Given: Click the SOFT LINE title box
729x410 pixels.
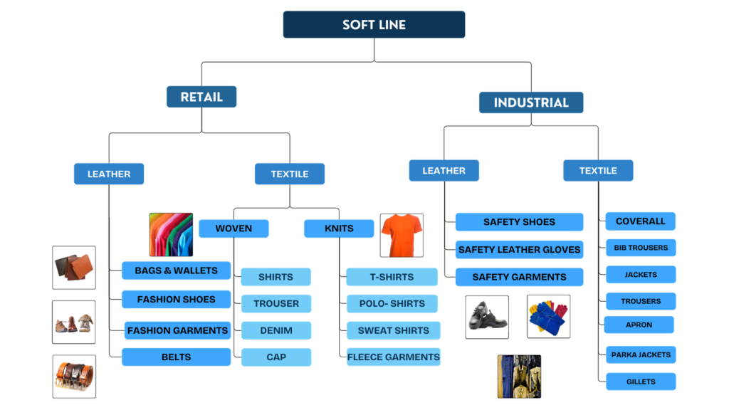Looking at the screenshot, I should pos(374,24).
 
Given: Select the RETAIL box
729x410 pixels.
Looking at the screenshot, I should pos(201,97).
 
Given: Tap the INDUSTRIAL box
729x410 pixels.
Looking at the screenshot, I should pos(531,102).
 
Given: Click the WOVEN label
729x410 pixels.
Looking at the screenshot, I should pos(234,228).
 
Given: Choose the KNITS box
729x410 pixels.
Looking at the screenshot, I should pos(339,228).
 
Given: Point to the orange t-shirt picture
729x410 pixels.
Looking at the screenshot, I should pos(402,235).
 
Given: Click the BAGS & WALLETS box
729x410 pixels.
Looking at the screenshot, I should pos(176,270).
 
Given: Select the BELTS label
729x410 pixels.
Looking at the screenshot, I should pos(176,357).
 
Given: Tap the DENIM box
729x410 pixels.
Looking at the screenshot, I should pos(276,330).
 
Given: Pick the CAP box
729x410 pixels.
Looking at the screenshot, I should pos(276,357).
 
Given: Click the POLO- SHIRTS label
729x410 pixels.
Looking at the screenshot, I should pos(392,303).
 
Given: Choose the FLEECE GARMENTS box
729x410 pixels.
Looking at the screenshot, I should pos(394,357).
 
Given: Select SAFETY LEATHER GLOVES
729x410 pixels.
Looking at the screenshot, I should pos(520,250).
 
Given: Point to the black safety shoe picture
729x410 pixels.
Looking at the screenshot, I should pos(487,315).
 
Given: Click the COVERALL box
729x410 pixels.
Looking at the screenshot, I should pos(641,221).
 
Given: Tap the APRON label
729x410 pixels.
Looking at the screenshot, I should pos(639,325).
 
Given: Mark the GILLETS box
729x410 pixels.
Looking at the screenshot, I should pos(641,382).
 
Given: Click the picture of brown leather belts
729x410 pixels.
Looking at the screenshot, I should pos(74,376).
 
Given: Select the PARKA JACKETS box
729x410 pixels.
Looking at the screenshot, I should pos(641,354).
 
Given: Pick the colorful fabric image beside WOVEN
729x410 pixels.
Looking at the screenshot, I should pos(170,234).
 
